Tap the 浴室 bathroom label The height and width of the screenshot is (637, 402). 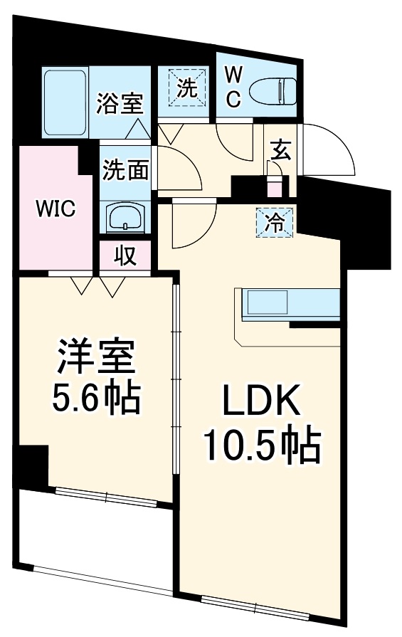[x=120, y=103]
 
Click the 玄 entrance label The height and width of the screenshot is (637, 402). [x=280, y=152]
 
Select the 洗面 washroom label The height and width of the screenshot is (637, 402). [x=125, y=170]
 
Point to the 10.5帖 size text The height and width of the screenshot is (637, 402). [x=260, y=446]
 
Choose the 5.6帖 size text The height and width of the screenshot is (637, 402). [x=95, y=399]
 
